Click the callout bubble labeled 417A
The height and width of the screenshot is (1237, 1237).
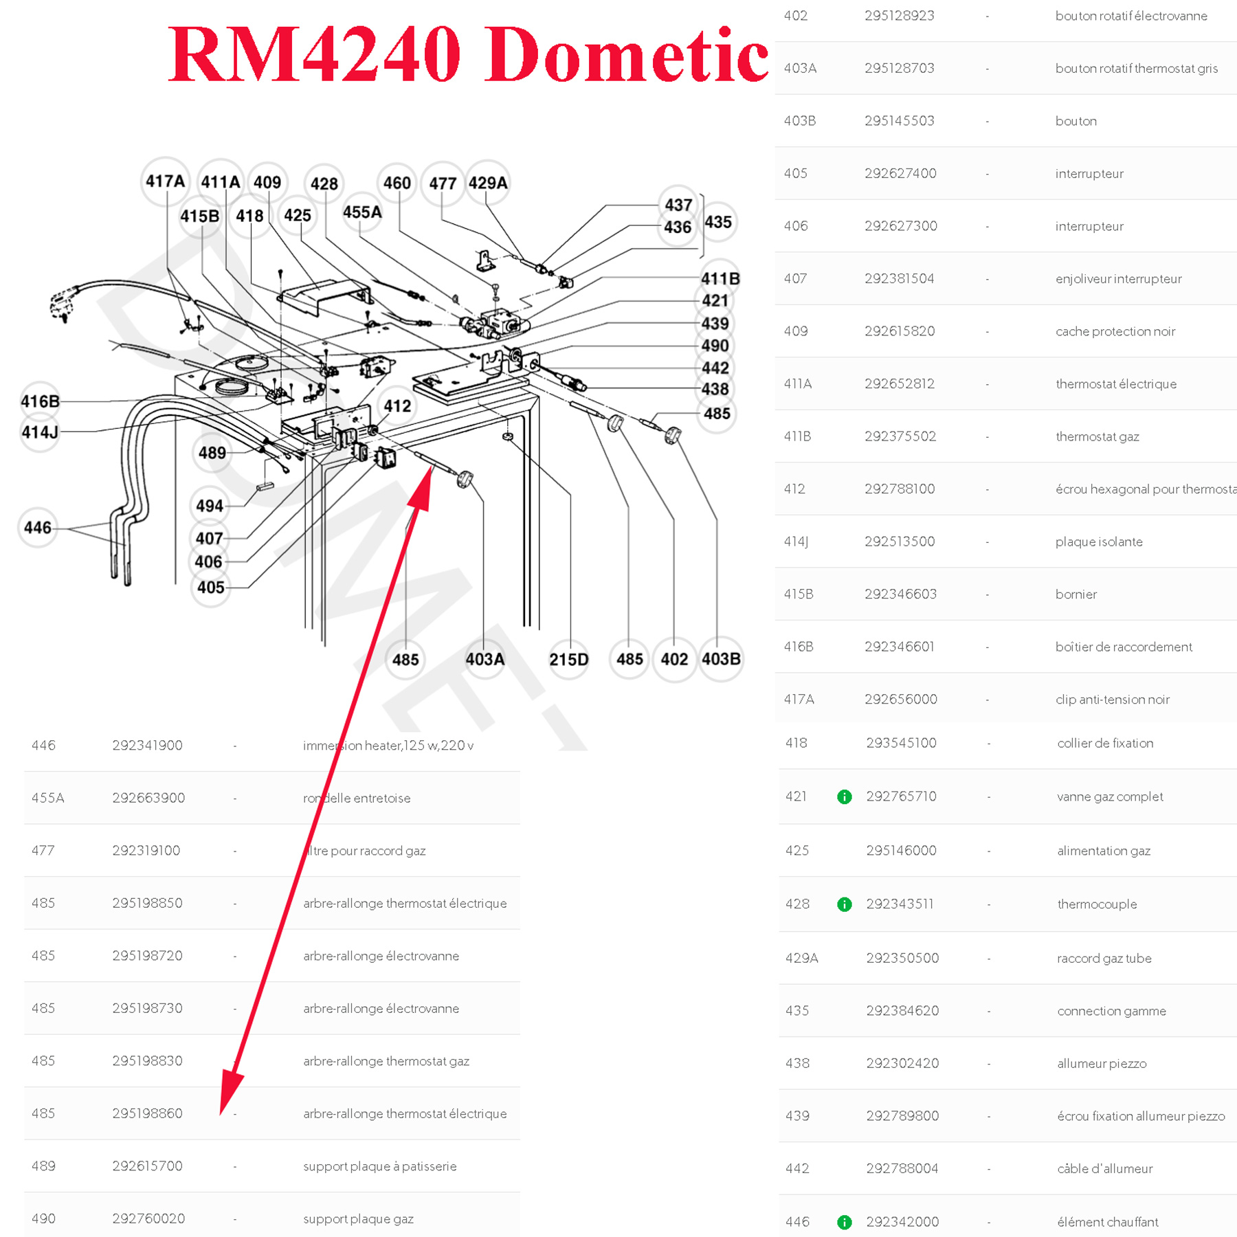(165, 181)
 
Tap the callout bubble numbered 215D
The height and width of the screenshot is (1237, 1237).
(568, 660)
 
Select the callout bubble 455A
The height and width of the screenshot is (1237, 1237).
(362, 212)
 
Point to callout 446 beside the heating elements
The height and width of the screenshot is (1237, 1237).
(38, 528)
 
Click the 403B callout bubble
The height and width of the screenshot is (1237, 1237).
(721, 659)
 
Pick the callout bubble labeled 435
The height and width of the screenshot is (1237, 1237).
(718, 222)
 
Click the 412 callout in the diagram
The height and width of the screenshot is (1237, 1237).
(397, 406)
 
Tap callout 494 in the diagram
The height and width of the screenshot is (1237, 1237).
(210, 506)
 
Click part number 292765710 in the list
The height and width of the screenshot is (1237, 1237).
(901, 796)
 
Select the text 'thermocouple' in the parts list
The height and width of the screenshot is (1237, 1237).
(1097, 904)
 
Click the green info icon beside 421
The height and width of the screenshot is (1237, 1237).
(845, 797)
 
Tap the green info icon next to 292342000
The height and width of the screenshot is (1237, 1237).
(845, 1223)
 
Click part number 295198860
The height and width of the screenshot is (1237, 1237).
(148, 1113)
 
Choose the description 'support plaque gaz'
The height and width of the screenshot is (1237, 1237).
(358, 1219)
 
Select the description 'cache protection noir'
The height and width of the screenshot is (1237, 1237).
(1115, 331)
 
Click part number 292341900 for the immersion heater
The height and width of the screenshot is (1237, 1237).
(148, 746)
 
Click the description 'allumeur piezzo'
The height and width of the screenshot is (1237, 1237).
(1102, 1064)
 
